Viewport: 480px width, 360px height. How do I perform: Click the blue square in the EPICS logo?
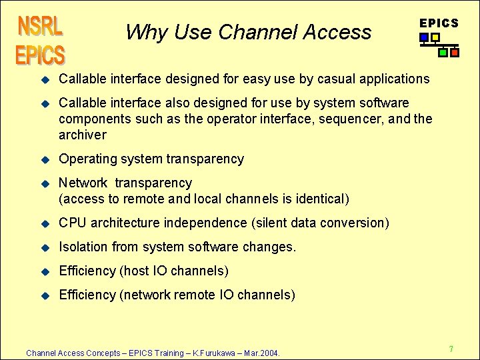[425, 38]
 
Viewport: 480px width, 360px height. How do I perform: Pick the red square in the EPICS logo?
[455, 52]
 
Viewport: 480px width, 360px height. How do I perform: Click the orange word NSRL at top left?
[41, 27]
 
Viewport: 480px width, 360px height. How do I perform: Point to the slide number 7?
[451, 349]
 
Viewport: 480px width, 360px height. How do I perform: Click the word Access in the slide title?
[337, 31]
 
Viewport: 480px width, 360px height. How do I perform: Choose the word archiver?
[83, 135]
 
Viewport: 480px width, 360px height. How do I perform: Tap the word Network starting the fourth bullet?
[83, 183]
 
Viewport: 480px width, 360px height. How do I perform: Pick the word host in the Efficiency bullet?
[135, 271]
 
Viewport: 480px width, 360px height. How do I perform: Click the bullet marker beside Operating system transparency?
[46, 159]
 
